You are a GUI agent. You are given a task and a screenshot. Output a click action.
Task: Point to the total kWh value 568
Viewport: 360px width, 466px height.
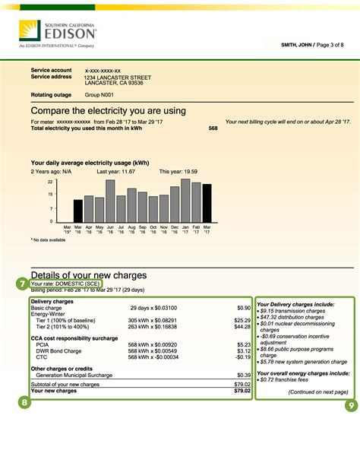tap(213, 128)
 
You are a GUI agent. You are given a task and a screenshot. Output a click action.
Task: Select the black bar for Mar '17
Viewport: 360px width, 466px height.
tap(207, 202)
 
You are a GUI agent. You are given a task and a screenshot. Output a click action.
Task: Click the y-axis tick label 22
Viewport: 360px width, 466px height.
tap(50, 182)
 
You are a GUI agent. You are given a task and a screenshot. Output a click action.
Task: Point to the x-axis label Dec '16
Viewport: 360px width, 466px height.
tap(175, 229)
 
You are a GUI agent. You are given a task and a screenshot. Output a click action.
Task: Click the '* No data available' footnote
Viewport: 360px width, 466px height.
tap(49, 240)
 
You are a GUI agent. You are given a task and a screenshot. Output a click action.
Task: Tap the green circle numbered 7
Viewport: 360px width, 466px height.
tap(22, 283)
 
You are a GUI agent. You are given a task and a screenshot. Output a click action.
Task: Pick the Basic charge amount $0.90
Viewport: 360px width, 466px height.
tap(243, 308)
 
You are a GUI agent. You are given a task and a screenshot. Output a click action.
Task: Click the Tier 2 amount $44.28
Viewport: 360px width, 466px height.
tap(241, 326)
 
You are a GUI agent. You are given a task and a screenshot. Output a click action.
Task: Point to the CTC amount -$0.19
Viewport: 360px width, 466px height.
tap(242, 357)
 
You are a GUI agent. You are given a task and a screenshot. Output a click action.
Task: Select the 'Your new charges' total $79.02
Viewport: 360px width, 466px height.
tap(242, 391)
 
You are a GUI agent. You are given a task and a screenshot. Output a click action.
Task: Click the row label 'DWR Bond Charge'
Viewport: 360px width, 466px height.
tap(58, 350)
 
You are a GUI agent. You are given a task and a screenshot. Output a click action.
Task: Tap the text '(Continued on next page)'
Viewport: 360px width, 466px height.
tap(318, 392)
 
